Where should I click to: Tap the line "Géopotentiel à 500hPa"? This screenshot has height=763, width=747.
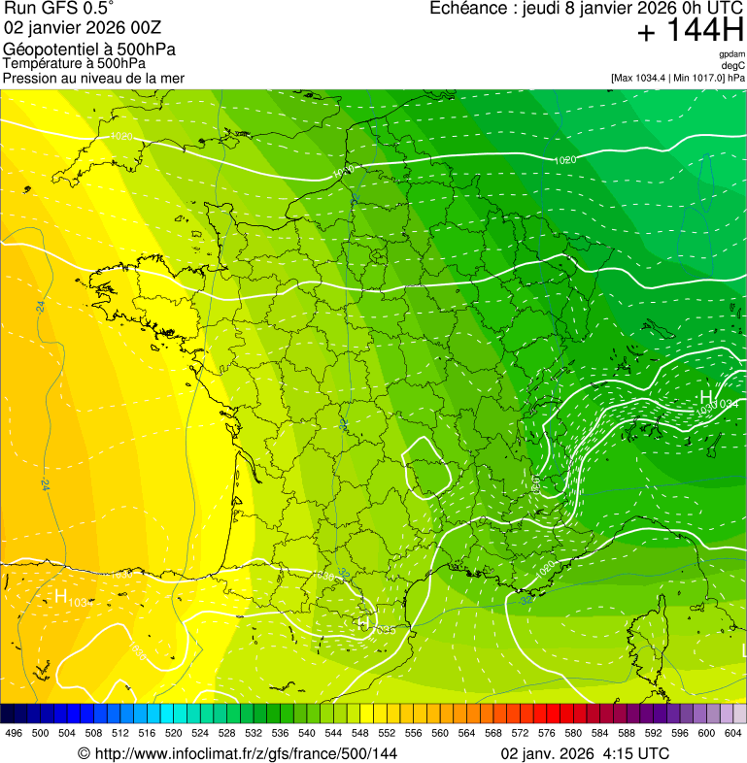[89, 50]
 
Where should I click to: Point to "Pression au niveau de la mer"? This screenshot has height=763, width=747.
[93, 78]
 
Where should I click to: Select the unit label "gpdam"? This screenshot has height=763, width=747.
[732, 54]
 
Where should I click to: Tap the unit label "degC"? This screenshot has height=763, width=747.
[734, 65]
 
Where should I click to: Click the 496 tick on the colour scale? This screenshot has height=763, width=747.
[14, 732]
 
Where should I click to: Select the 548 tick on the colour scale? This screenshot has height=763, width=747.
[358, 732]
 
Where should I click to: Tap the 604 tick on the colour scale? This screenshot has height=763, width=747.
[732, 732]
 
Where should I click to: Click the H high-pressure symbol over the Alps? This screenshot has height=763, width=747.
[706, 397]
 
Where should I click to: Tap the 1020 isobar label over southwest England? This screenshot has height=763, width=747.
[121, 137]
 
